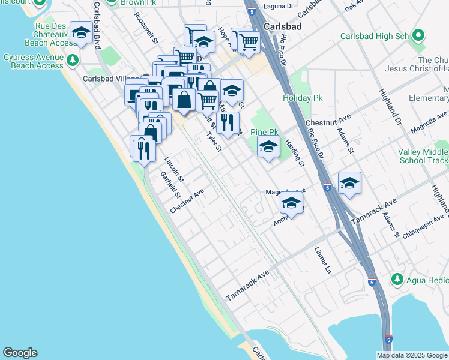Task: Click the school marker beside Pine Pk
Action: pyautogui.click(x=268, y=146)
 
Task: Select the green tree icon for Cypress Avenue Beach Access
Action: pyautogui.click(x=73, y=61)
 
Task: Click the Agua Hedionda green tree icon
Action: pyautogui.click(x=396, y=280)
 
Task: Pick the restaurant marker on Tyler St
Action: pyautogui.click(x=228, y=123)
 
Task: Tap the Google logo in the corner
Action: pyautogui.click(x=20, y=353)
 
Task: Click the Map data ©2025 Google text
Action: pyautogui.click(x=411, y=355)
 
